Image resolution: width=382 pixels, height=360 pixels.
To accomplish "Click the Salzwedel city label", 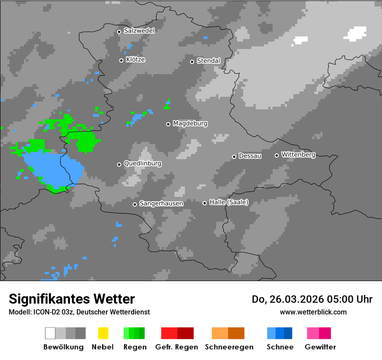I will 139,31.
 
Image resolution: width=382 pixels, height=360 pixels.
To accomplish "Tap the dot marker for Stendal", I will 192,62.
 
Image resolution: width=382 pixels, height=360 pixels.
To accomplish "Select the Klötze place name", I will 135,60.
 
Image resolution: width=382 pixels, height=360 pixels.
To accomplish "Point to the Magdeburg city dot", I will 168,124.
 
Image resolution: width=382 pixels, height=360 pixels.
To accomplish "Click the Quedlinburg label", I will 142,164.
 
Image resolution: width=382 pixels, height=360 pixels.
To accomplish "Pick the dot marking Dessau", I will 234,157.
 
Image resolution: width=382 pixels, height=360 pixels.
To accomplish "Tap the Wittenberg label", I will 298,155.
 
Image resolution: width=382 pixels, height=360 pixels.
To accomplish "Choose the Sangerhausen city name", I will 161,203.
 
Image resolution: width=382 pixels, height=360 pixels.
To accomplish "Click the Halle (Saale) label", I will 229,202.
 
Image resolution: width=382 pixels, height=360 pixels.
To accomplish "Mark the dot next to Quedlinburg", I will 119,164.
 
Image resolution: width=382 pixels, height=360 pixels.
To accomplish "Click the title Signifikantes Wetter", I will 72,299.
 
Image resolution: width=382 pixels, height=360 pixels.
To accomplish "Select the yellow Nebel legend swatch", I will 103,333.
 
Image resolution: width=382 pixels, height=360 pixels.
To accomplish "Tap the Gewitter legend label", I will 320,347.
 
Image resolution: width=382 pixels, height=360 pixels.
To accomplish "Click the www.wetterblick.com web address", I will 313,312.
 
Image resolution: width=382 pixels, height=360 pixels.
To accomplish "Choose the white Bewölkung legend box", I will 50,333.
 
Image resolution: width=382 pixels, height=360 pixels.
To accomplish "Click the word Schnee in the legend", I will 280,347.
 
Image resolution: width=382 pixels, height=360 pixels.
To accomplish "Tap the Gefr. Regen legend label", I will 176,347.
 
